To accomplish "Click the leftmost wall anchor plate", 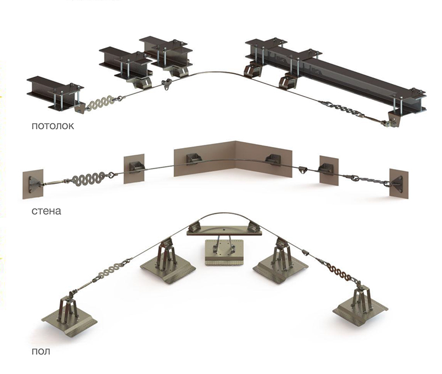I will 33,183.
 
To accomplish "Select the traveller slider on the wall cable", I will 302,169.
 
